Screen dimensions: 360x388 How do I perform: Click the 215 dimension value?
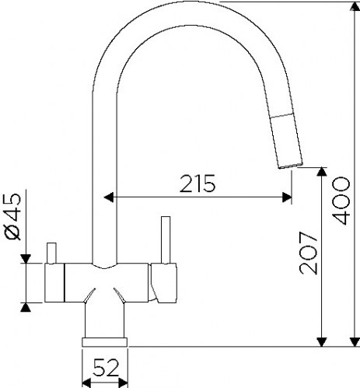coord(197,184)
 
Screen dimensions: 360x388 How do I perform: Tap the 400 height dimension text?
coord(341,201)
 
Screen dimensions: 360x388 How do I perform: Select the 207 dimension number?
coord(308,253)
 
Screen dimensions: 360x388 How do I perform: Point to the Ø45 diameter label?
coord(13,216)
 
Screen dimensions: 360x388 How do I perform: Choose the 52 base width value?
coord(106,367)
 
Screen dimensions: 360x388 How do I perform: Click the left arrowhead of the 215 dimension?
coord(109,197)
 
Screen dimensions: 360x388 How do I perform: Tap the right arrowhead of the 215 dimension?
coord(287,197)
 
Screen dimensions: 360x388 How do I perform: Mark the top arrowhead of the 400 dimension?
coord(355,6)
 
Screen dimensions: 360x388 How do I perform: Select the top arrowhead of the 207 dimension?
coord(322,172)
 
